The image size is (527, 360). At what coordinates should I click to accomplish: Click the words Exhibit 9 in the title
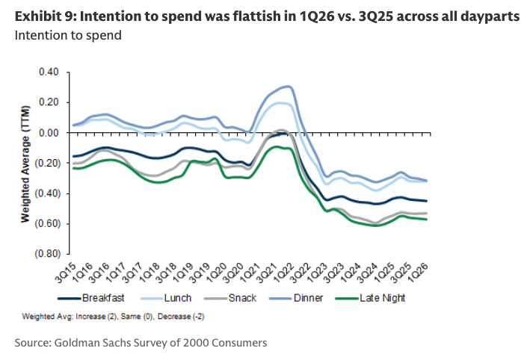tap(42, 16)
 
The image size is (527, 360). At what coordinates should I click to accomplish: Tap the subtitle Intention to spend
tap(67, 34)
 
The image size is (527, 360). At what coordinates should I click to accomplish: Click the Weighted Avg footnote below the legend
tap(114, 317)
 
